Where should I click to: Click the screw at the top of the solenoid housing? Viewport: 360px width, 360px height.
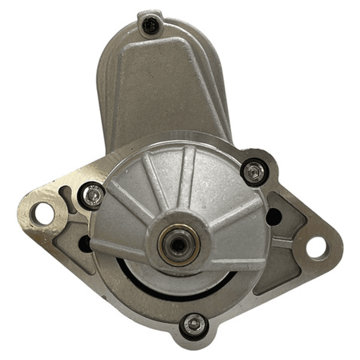click(151, 25)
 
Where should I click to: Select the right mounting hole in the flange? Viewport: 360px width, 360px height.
click(317, 248)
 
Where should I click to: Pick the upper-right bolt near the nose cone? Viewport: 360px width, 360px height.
click(254, 172)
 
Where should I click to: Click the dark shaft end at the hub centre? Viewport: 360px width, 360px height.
click(178, 244)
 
